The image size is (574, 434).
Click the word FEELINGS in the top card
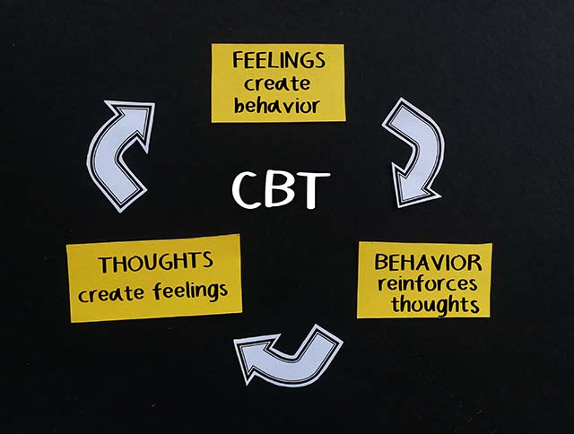click(x=279, y=60)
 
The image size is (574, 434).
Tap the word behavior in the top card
click(x=277, y=106)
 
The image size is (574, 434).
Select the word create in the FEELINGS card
click(x=277, y=83)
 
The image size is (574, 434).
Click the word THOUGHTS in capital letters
click(x=156, y=262)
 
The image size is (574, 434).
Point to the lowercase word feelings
click(x=190, y=291)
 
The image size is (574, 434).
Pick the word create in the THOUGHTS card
click(x=110, y=294)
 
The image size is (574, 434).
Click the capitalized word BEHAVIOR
click(x=428, y=262)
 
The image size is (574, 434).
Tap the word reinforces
click(x=428, y=283)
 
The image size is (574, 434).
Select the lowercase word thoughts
click(x=435, y=305)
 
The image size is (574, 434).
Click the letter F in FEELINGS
click(x=238, y=60)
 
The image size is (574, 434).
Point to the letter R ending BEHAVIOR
click(x=474, y=263)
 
